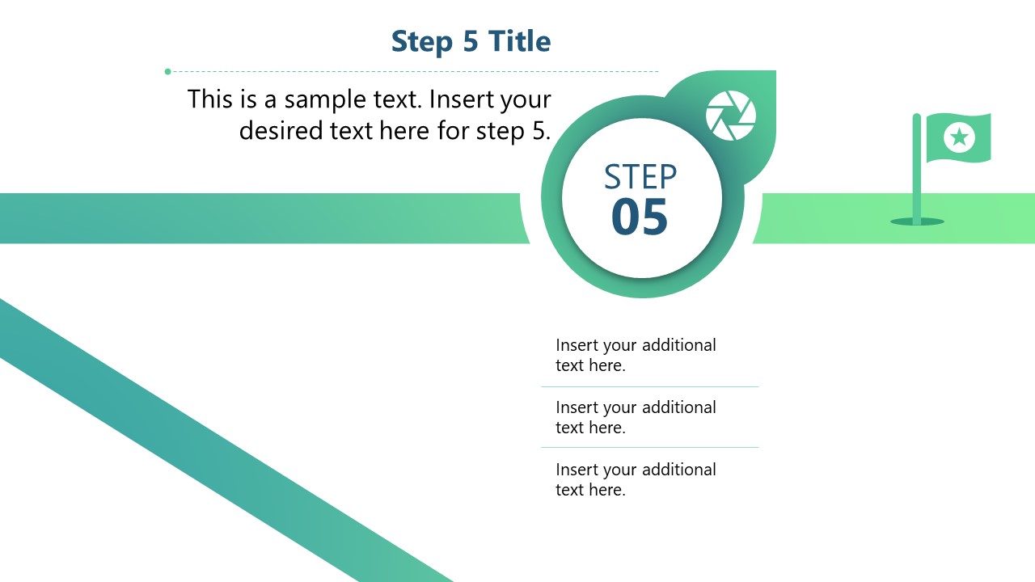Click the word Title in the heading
(519, 41)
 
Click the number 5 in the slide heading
(471, 42)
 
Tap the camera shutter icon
(730, 116)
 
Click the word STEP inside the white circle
(640, 177)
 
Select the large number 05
(640, 217)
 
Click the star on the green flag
(959, 137)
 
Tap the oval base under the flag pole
(917, 221)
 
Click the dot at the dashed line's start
(167, 72)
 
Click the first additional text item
(636, 355)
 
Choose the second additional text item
(636, 417)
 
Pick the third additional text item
(636, 479)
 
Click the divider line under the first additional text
(649, 386)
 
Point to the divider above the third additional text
(649, 447)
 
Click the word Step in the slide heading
(421, 42)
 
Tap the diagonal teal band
(202, 436)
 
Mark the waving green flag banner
(958, 137)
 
